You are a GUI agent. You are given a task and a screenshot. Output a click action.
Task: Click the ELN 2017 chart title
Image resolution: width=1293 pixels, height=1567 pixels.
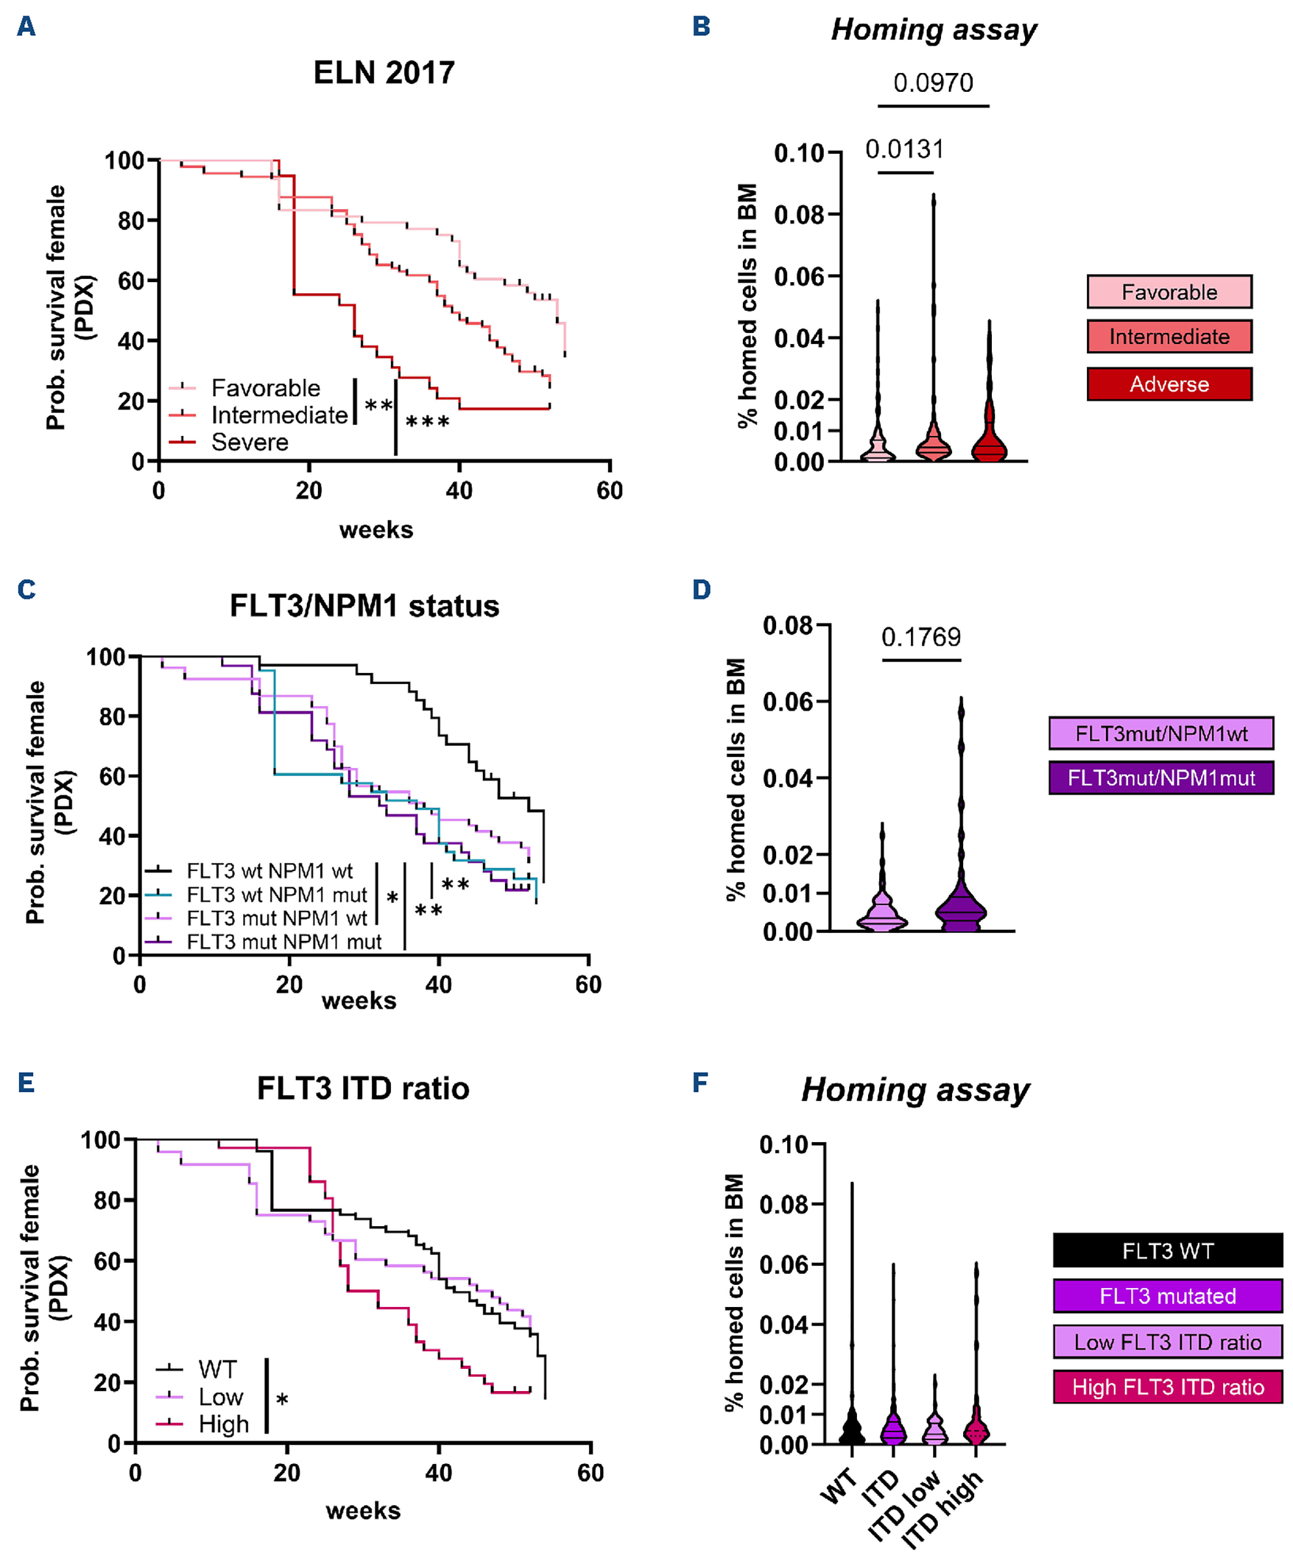(384, 73)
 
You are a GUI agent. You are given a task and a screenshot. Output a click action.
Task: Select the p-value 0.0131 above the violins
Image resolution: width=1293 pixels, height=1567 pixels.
(904, 150)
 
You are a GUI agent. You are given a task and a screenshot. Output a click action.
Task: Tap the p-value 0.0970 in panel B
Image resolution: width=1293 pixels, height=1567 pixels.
(933, 83)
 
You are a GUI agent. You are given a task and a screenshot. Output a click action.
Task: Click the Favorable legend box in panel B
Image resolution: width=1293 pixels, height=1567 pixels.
(1169, 292)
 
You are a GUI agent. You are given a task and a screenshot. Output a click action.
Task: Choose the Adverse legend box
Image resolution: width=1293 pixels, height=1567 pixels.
(1169, 384)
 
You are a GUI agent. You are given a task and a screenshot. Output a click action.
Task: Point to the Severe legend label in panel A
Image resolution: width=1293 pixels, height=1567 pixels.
(250, 442)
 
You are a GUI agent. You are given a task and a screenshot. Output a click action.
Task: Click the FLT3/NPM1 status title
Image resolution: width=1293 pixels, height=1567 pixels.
(364, 605)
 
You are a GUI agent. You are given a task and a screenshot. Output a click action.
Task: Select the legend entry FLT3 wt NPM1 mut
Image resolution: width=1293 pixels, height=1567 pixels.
(276, 895)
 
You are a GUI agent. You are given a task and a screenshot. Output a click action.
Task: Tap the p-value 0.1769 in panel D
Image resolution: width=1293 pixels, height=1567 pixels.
(921, 637)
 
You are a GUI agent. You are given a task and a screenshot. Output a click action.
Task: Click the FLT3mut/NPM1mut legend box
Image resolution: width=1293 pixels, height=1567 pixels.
(1161, 778)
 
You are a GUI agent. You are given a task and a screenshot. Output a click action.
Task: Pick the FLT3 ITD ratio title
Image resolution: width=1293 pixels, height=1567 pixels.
(363, 1089)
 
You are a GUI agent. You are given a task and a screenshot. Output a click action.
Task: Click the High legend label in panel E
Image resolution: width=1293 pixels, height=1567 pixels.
(224, 1424)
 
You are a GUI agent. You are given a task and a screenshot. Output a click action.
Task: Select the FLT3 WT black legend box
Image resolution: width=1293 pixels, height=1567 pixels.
(1167, 1250)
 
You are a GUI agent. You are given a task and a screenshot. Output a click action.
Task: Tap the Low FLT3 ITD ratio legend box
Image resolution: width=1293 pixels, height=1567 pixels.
(1167, 1342)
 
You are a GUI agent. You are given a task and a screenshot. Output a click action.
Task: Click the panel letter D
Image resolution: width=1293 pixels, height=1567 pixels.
(701, 590)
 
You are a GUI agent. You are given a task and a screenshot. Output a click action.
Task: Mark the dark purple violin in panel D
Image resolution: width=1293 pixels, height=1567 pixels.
(961, 909)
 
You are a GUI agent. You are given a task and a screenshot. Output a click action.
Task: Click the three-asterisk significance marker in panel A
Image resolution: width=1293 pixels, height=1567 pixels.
(427, 422)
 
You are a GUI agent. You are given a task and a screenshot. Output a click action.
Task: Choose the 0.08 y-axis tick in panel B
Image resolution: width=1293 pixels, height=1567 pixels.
(798, 215)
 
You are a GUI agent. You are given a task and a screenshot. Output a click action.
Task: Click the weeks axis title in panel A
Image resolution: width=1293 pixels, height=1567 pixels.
(376, 530)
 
